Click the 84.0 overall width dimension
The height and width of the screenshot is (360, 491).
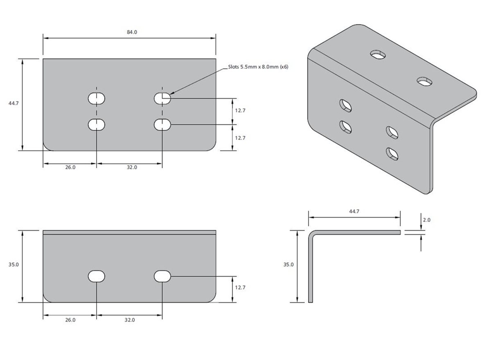132,32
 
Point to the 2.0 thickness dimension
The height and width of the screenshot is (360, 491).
426,220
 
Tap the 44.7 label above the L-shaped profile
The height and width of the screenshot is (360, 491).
354,211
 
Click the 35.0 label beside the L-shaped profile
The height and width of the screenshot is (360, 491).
288,264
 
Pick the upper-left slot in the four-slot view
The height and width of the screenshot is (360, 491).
97,99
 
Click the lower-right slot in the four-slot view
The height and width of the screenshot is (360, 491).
162,125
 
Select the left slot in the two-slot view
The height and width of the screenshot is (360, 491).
97,276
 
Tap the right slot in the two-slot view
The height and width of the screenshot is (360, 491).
162,276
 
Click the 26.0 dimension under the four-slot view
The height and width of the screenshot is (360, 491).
70,167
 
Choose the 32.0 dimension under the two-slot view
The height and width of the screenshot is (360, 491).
130,320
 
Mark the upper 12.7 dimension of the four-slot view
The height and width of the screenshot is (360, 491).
240,110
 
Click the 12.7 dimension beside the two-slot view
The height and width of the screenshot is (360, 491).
240,288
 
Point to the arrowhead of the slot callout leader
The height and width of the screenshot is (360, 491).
170,94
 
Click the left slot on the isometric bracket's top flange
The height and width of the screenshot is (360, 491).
378,55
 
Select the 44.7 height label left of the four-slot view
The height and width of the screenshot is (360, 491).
14,103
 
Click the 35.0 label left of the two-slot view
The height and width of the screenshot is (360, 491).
14,264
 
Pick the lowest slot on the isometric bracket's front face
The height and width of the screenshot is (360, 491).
392,154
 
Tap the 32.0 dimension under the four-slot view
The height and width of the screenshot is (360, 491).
132,167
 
